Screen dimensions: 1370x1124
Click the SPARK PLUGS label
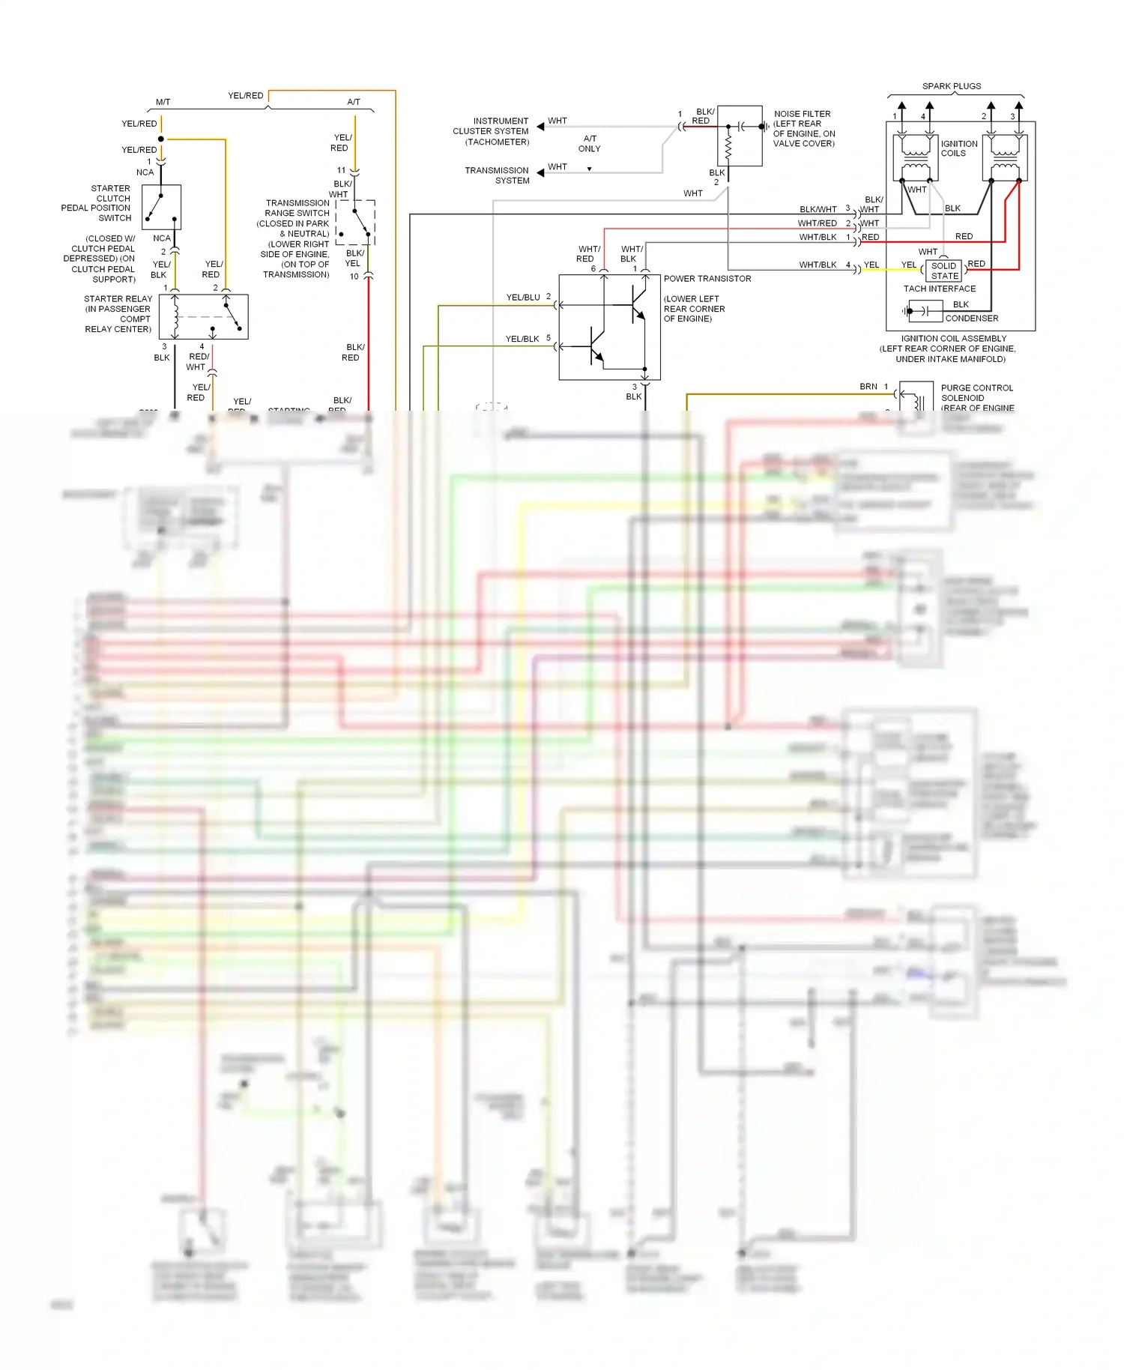951,86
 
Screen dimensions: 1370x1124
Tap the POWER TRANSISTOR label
707,279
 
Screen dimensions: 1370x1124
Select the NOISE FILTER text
802,114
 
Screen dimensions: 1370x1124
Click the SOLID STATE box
944,271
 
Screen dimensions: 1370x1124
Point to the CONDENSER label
971,319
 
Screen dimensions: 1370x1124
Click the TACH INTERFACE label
939,289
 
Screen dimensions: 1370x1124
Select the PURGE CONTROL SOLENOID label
976,393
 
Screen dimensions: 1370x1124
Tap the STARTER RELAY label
118,299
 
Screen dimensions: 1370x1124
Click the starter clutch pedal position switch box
162,208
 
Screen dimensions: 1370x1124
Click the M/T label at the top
163,102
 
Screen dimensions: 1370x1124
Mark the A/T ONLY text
590,144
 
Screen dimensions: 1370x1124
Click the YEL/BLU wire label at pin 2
523,298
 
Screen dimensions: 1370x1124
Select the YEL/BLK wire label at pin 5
522,339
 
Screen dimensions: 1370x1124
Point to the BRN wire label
868,387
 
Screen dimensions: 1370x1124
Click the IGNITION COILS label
958,148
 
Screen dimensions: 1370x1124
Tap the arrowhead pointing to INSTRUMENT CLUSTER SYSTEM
540,127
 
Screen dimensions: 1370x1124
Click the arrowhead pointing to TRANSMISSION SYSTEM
540,173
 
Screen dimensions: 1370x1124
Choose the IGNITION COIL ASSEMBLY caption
953,339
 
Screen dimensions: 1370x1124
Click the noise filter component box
740,136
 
